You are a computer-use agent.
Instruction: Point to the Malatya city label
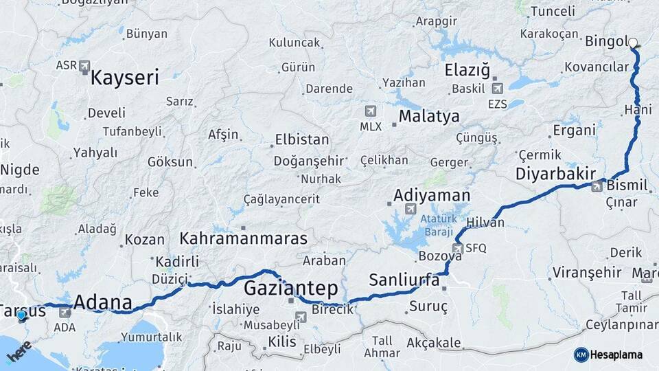[429, 116]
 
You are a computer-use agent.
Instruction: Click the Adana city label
[102, 302]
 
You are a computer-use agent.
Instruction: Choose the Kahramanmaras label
[243, 238]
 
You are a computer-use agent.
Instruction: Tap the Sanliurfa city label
[404, 280]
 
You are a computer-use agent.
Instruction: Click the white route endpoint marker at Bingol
[633, 43]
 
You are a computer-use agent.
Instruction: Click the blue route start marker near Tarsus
[21, 315]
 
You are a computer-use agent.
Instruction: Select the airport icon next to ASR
[84, 67]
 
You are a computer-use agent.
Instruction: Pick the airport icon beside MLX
[371, 111]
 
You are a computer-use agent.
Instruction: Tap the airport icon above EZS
[497, 88]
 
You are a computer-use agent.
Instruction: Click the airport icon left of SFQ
[457, 248]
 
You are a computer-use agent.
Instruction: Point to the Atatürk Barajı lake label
[435, 225]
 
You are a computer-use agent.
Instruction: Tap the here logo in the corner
[19, 352]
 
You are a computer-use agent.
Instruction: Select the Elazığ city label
[467, 69]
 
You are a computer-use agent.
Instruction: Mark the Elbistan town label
[301, 139]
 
